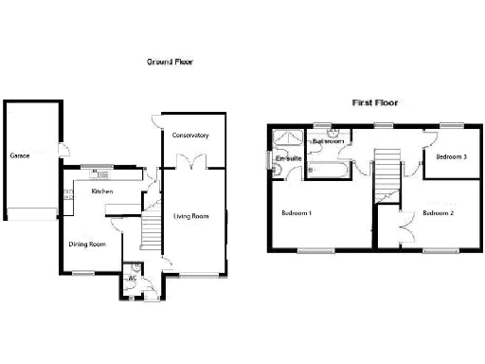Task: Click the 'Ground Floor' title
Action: click(171, 62)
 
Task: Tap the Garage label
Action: click(22, 155)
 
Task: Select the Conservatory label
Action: click(189, 136)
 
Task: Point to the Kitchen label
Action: click(102, 192)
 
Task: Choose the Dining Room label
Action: click(86, 244)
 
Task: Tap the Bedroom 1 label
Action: click(297, 213)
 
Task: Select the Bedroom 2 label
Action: click(439, 213)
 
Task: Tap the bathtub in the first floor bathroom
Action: click(327, 172)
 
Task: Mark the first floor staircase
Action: click(386, 173)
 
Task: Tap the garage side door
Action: click(62, 148)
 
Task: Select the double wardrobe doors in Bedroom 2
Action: click(407, 227)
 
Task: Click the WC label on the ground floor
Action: click(134, 280)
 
